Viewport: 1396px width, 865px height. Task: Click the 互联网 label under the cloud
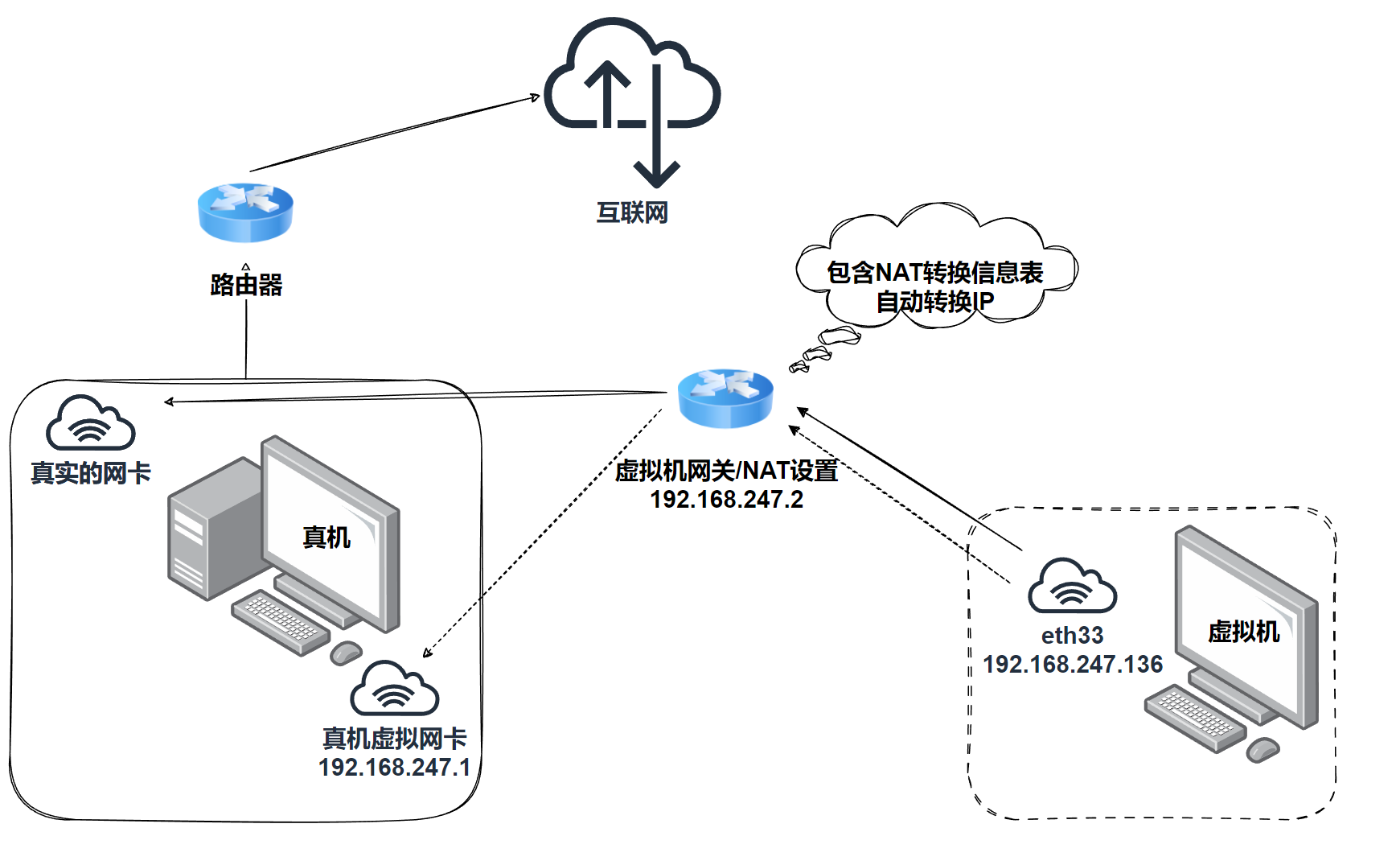pos(632,212)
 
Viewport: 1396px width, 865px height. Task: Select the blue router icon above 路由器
pos(245,212)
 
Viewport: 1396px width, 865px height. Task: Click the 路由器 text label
pos(246,285)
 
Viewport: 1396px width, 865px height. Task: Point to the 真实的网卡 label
pos(91,473)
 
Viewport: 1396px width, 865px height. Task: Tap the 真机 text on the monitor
pos(326,537)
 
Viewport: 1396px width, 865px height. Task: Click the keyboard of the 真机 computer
pos(280,621)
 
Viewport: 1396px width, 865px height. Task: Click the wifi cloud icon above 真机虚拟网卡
pos(395,689)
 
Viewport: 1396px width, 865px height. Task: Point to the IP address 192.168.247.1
pos(394,767)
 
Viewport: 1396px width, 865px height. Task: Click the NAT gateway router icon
pos(725,397)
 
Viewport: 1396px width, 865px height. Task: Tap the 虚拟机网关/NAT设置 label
pos(726,471)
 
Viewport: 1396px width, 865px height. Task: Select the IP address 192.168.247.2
pos(726,500)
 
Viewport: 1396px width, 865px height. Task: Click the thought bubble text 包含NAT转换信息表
pos(934,273)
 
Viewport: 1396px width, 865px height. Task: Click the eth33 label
pos(1072,636)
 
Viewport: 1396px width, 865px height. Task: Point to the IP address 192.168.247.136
pos(1073,664)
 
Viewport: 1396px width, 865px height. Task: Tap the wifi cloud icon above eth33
pos(1072,586)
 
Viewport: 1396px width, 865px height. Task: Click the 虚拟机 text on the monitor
pos(1243,632)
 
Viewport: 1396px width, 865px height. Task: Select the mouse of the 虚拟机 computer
pos(1263,750)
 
